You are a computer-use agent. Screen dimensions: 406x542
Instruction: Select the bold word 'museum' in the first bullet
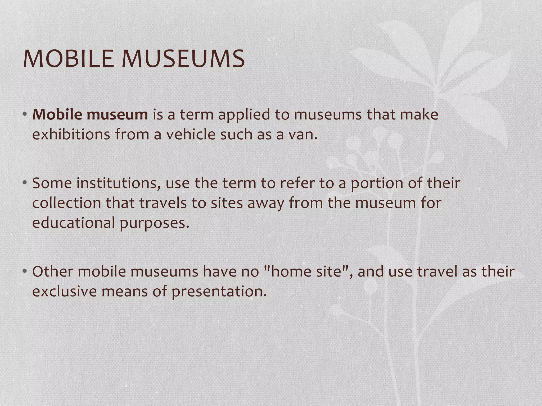pyautogui.click(x=117, y=115)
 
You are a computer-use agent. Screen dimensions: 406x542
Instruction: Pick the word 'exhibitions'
pyautogui.click(x=71, y=135)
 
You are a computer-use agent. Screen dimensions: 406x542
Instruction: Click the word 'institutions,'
pyautogui.click(x=118, y=183)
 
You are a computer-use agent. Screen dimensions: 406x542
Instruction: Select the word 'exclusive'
pyautogui.click(x=64, y=292)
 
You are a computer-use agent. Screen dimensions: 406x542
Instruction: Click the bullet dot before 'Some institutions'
pyautogui.click(x=25, y=183)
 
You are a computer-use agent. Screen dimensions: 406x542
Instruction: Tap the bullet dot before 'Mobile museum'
pyautogui.click(x=25, y=114)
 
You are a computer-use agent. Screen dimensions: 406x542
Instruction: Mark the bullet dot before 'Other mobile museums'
pyautogui.click(x=25, y=271)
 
